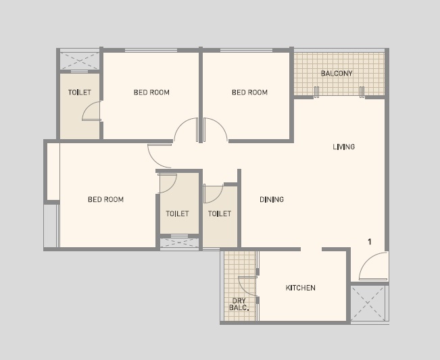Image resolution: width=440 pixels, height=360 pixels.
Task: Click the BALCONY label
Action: (x=337, y=74)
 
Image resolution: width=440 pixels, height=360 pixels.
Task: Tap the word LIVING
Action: (x=344, y=147)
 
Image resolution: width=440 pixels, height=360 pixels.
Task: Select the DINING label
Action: (x=272, y=199)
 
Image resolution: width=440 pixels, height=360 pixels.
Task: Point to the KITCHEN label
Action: (x=301, y=288)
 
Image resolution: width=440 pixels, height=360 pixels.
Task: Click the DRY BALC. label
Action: (x=239, y=304)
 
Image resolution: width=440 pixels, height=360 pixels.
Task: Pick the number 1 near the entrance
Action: (x=370, y=242)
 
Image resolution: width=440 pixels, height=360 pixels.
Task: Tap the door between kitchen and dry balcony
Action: (x=247, y=286)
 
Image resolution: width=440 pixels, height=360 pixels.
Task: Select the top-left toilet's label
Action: (x=80, y=93)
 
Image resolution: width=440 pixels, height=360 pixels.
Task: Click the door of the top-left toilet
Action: (x=91, y=111)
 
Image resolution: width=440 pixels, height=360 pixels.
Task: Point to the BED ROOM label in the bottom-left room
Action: (x=106, y=199)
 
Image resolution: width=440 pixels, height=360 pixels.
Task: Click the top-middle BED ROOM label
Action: (x=151, y=93)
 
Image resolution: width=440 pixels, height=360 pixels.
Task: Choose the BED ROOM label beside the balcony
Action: (x=250, y=93)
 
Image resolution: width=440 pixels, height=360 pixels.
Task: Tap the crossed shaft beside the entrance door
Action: (x=368, y=303)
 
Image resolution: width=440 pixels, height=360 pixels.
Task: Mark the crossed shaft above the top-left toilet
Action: (x=80, y=61)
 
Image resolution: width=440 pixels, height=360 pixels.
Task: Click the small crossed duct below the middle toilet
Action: (x=179, y=242)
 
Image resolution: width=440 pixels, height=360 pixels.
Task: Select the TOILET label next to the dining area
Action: (x=220, y=213)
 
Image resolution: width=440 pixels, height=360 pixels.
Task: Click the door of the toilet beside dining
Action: (x=214, y=193)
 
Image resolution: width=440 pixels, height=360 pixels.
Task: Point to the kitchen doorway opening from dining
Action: (x=311, y=249)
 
